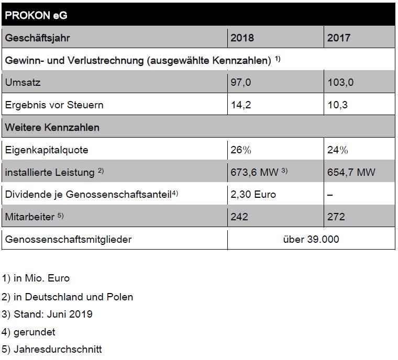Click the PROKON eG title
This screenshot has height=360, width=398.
tap(36, 15)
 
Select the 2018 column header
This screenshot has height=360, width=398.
tap(242, 38)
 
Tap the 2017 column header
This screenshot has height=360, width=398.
tap(339, 38)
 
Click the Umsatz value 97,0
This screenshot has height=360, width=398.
tap(240, 83)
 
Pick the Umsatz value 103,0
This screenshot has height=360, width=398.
tap(340, 83)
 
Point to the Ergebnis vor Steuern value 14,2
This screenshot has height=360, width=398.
tap(240, 105)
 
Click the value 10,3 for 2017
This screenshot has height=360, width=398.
tap(337, 105)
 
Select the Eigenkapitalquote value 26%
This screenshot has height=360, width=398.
tap(241, 150)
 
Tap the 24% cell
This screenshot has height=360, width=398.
tap(338, 150)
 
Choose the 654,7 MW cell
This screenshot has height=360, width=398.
tap(351, 172)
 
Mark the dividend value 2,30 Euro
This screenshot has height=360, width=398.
tap(253, 194)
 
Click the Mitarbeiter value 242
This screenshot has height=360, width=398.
tap(239, 217)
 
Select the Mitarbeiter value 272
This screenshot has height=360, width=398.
tap(336, 217)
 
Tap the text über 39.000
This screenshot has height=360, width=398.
tap(311, 239)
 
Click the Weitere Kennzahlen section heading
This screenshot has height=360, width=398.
tap(52, 127)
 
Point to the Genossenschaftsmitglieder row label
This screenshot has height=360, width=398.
tap(68, 240)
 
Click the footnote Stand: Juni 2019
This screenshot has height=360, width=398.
tap(53, 314)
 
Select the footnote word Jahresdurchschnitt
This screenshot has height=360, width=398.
tap(58, 350)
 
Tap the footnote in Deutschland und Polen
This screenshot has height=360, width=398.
tap(73, 297)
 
